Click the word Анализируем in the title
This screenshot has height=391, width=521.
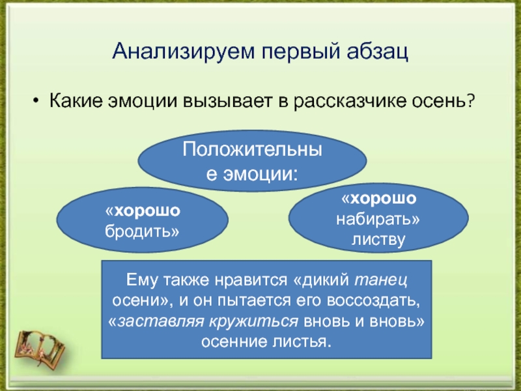184,51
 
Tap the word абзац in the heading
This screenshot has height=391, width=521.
377,51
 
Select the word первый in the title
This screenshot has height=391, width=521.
301,52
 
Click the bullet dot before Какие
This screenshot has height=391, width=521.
36,100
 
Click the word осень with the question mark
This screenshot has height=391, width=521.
444,100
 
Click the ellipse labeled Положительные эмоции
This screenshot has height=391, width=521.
252,161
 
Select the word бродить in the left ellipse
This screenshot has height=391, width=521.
142,231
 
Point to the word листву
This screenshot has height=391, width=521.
378,240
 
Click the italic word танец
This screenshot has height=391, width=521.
381,280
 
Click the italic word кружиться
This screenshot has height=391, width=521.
254,321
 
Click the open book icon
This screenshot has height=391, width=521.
40,348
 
